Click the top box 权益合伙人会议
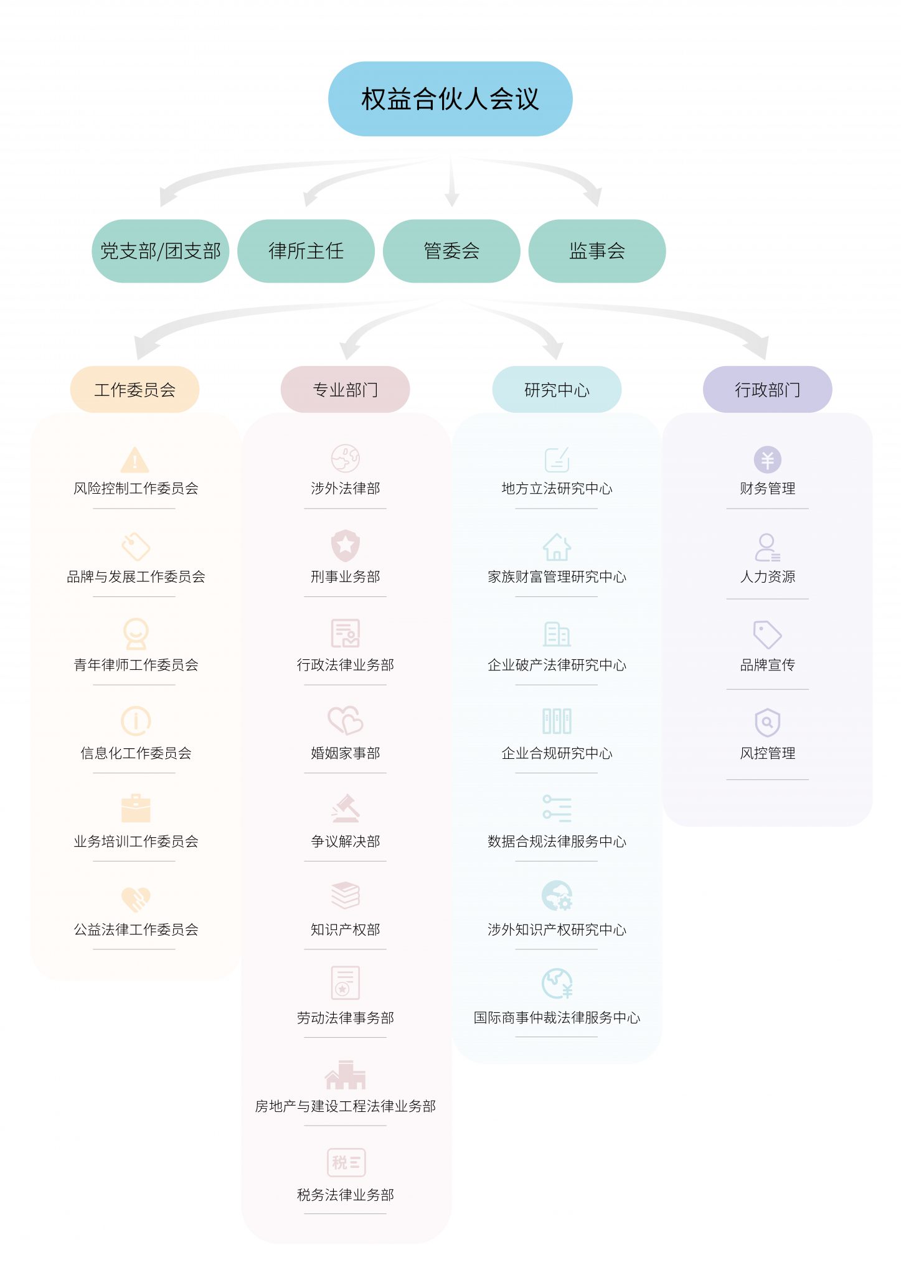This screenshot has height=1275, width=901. point(450,99)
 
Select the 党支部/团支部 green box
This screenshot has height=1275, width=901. point(161,251)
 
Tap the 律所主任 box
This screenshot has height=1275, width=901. point(306,251)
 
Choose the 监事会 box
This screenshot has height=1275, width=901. point(597,251)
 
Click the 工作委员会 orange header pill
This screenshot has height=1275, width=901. point(134,390)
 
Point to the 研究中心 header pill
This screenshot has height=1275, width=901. point(557,390)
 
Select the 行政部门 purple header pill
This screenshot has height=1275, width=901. point(767,390)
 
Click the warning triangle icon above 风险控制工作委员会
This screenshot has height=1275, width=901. point(134,460)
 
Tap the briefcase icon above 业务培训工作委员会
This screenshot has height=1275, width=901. point(136,809)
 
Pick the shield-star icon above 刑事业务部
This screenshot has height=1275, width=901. point(346,545)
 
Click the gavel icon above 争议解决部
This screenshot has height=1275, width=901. point(346,809)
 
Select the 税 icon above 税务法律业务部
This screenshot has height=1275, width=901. point(346,1162)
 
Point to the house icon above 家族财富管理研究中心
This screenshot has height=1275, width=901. point(557,547)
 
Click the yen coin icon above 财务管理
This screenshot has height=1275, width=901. point(767,460)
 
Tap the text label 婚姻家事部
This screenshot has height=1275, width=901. point(346,753)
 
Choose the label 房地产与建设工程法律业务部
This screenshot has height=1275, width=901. point(346,1106)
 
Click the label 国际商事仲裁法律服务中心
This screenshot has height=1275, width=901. point(557,1018)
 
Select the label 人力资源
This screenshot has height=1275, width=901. point(767,576)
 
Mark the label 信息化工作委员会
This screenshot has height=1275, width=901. point(136,753)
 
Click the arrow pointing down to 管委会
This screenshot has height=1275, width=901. point(451,184)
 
